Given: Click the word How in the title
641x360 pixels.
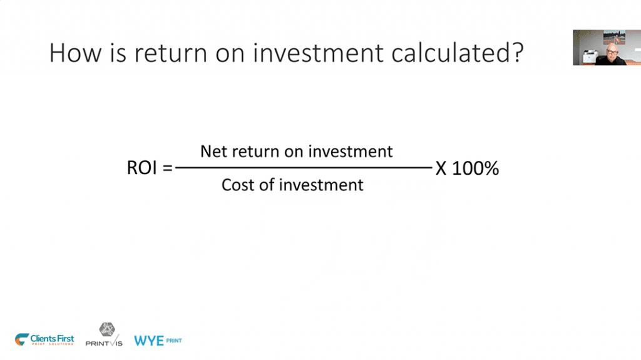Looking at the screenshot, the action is click(75, 53).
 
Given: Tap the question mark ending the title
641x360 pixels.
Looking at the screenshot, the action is click(517, 53).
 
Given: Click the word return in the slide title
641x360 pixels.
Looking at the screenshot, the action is click(170, 54).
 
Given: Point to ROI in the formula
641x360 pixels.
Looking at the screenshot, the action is click(142, 168).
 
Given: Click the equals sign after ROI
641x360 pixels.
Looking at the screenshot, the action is click(168, 168).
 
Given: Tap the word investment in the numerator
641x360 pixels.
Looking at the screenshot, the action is click(351, 152).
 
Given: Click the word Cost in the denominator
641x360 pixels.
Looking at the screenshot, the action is click(237, 185).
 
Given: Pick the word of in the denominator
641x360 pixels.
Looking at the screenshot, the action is click(267, 185).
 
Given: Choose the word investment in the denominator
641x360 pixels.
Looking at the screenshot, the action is click(321, 185).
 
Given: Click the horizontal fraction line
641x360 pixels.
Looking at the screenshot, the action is click(304, 167).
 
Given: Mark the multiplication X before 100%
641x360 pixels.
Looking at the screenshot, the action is click(441, 168).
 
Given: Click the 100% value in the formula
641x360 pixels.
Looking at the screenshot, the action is click(476, 168).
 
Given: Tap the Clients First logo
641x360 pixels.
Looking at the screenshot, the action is click(44, 339).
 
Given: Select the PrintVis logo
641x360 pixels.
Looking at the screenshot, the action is click(105, 334).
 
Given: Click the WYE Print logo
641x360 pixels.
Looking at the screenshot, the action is click(158, 341).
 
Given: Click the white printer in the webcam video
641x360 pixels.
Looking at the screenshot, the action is click(590, 56).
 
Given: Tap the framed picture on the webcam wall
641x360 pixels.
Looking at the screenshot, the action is click(614, 37).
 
